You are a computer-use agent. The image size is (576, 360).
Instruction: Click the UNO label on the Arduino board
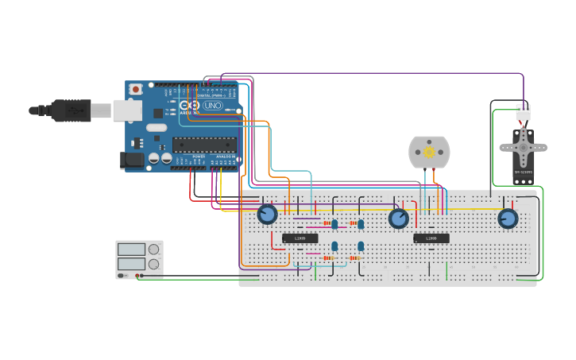pos(213,105)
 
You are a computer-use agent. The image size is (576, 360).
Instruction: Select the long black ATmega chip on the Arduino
pos(204,145)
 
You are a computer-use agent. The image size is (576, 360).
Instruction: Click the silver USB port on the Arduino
pos(126,110)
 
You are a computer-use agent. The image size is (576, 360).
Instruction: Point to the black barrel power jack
pos(131,161)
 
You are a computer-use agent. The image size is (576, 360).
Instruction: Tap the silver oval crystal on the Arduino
pos(157,127)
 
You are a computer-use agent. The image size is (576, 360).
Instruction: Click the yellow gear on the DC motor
pos(429,152)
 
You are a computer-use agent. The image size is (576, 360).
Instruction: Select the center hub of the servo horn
pos(523,147)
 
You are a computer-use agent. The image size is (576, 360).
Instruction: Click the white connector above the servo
pos(523,112)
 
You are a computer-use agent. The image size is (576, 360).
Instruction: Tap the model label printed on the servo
pos(523,172)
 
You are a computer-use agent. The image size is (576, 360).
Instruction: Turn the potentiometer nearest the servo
pos(508,218)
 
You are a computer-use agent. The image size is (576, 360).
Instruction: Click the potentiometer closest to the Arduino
pos(268,214)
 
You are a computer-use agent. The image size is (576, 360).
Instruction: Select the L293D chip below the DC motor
pos(431,238)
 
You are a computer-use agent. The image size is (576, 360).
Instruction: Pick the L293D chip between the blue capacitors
pos(300,238)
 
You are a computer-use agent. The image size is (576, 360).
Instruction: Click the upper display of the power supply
pos(132,250)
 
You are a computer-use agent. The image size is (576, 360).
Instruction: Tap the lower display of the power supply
pos(132,264)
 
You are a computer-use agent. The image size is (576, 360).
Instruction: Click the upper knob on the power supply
pos(153,250)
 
